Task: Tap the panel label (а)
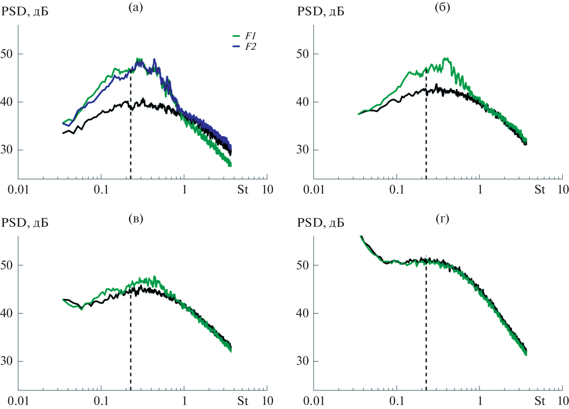point(136,7)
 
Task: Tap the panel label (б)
point(442,7)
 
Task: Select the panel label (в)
point(136,219)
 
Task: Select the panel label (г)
point(442,219)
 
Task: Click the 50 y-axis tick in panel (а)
point(7,54)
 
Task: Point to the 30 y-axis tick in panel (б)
point(303,150)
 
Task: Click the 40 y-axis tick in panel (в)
point(7,313)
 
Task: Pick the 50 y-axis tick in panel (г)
point(303,265)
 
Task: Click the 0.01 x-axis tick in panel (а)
point(18,189)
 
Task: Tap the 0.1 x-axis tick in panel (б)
point(396,189)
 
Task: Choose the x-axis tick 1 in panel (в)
point(184,401)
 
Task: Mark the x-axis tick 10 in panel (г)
point(563,401)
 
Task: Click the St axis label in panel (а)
point(243,189)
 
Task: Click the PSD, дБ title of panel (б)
point(320,12)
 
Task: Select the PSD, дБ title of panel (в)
point(25,223)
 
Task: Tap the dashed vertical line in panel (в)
point(131,344)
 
